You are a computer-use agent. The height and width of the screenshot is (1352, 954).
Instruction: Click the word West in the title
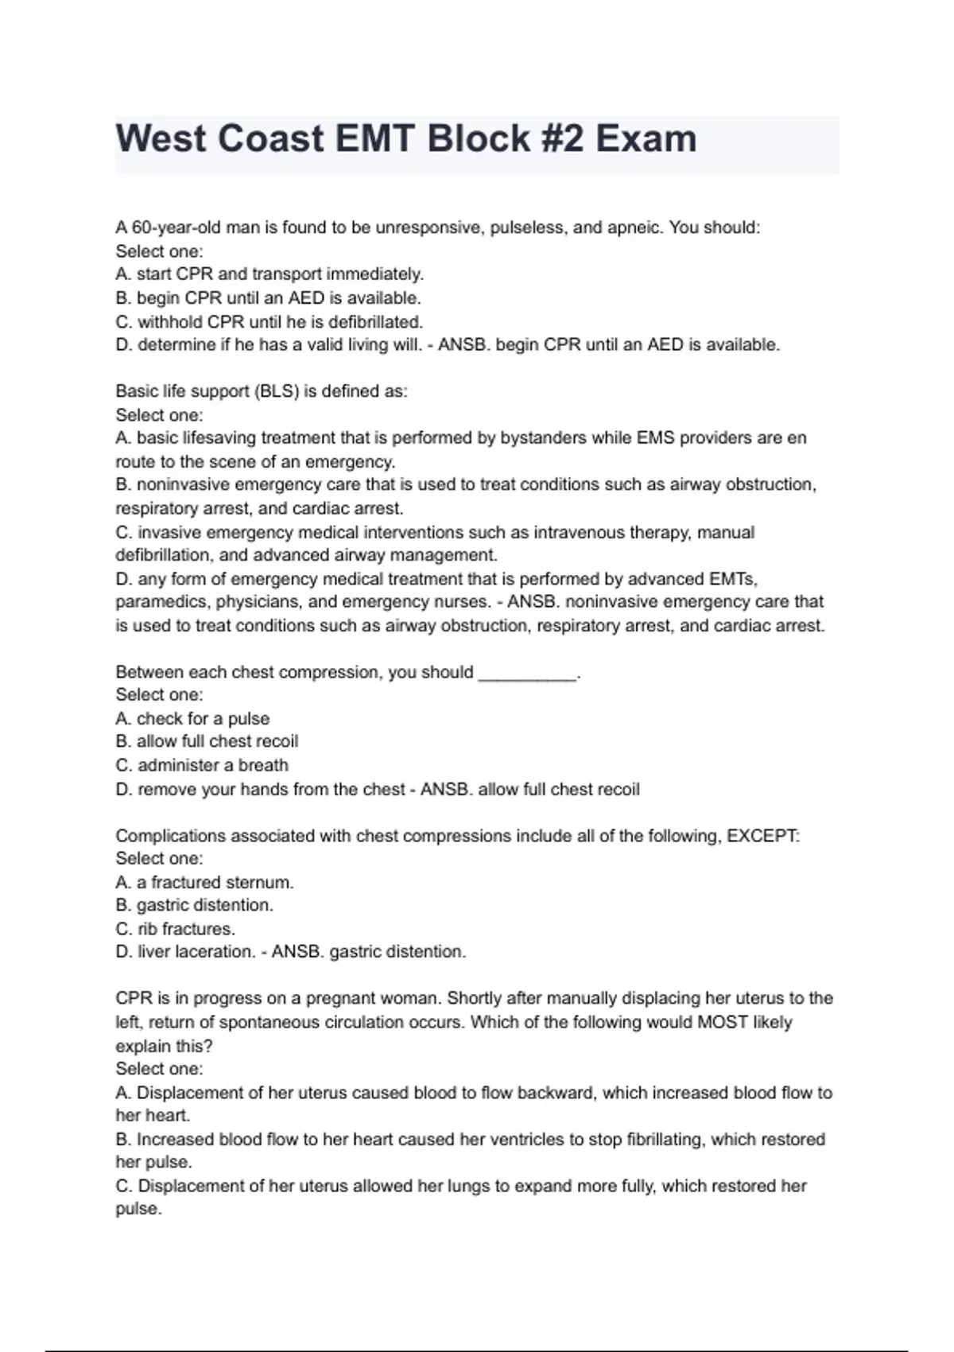point(161,139)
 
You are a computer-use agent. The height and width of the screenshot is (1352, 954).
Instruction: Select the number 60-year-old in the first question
point(169,227)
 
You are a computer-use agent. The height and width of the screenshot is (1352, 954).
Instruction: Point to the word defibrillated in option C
point(375,322)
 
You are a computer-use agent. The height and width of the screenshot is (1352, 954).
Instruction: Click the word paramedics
point(162,602)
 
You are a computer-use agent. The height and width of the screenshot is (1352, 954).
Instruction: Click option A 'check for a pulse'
point(192,719)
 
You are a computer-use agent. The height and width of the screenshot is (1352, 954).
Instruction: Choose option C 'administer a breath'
point(202,766)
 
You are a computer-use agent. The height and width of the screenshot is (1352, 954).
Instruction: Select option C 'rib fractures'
point(175,929)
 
